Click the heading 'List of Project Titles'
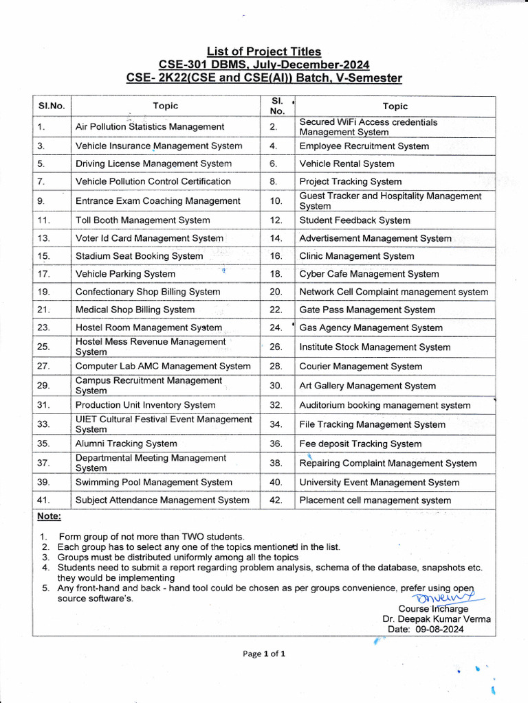(264, 51)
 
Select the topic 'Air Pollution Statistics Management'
(150, 126)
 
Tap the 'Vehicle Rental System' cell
(346, 164)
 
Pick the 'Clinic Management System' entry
(357, 256)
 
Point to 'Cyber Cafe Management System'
(369, 274)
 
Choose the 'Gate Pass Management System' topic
(367, 310)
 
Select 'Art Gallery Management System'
(367, 386)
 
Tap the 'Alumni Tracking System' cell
(126, 443)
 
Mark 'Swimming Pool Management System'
(154, 483)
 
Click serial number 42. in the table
(276, 500)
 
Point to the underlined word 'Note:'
(49, 516)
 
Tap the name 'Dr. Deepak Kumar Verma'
(437, 619)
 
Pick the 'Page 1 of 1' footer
(264, 654)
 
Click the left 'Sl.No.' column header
(51, 106)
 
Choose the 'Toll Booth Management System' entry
(143, 220)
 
